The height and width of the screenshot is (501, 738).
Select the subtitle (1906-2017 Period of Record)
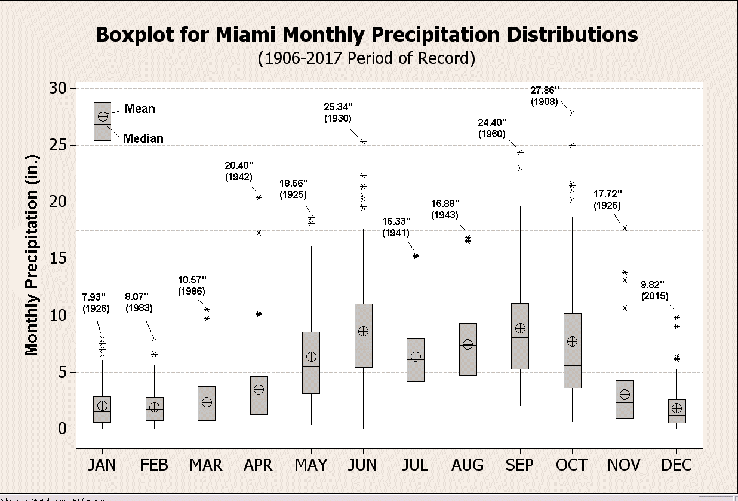pyautogui.click(x=367, y=58)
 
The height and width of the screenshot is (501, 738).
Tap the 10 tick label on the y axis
pyautogui.click(x=60, y=316)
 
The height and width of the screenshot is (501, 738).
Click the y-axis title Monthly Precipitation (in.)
pyautogui.click(x=32, y=255)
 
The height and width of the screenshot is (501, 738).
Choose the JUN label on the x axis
pyautogui.click(x=362, y=465)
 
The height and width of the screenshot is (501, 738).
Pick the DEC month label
pyautogui.click(x=676, y=465)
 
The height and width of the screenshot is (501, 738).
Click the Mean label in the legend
pyautogui.click(x=140, y=109)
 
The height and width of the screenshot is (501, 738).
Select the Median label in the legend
pyautogui.click(x=143, y=138)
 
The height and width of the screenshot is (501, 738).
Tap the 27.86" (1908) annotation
pyautogui.click(x=545, y=96)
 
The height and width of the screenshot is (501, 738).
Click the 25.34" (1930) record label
pyautogui.click(x=338, y=112)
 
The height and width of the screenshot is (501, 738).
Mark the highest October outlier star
pyautogui.click(x=572, y=113)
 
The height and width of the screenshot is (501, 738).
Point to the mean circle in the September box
pyautogui.click(x=520, y=329)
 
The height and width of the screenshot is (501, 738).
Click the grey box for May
pyautogui.click(x=311, y=362)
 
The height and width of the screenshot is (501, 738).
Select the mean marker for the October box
pyautogui.click(x=572, y=341)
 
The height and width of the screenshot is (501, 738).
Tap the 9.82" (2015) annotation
pyautogui.click(x=654, y=290)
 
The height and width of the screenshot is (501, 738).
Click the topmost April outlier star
pyautogui.click(x=259, y=197)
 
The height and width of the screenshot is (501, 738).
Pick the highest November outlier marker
pyautogui.click(x=625, y=228)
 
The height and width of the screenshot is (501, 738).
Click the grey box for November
pyautogui.click(x=625, y=399)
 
